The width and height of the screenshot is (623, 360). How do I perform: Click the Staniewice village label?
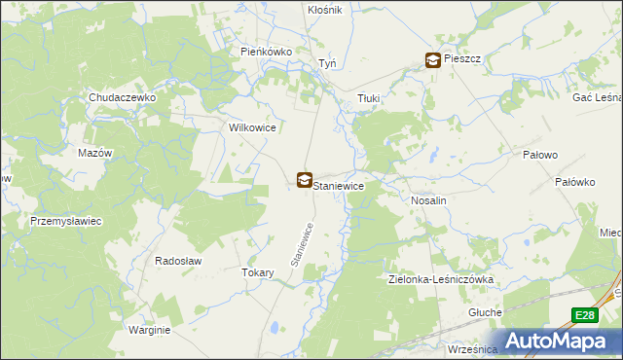[341, 184]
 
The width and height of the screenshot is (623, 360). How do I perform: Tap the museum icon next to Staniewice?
[305, 180]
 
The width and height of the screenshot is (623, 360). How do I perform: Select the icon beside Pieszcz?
[431, 60]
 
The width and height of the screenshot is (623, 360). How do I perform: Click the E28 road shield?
[583, 315]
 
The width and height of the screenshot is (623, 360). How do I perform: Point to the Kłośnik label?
[324, 10]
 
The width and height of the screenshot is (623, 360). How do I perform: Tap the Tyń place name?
[328, 64]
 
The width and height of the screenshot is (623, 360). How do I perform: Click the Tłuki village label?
[368, 98]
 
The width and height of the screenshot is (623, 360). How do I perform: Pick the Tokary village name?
[257, 273]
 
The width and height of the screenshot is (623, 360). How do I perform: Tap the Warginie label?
[149, 330]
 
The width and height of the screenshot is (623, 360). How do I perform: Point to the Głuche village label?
[484, 312]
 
